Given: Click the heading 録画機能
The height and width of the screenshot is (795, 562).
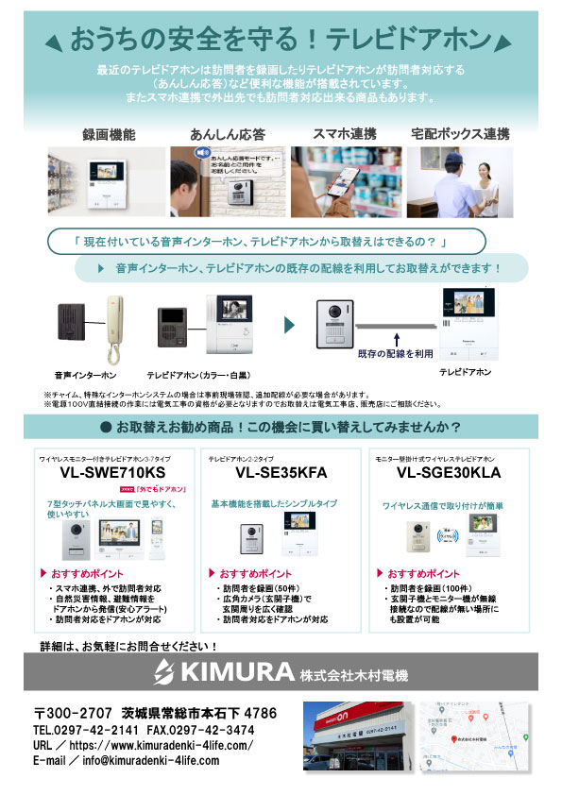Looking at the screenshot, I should coord(109,134).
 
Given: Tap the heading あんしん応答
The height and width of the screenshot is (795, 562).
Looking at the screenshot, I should coord(227,134).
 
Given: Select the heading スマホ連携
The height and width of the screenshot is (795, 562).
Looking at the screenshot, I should coord(344,134).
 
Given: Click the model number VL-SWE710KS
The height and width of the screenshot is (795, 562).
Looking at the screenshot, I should coord(112,472).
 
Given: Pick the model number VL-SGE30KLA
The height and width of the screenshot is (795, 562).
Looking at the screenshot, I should coord(449,472).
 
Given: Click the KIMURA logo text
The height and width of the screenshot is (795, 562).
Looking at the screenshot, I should coord(223,673).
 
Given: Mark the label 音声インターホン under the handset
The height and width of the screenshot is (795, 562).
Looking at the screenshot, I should coord(79,374).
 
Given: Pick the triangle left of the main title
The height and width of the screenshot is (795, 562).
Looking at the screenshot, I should coord(54,41).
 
